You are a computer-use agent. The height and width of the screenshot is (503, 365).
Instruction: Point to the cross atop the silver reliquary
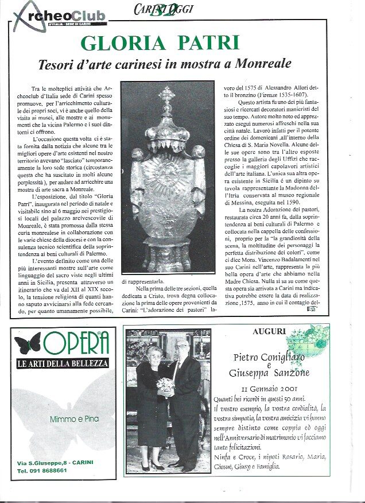[167, 95]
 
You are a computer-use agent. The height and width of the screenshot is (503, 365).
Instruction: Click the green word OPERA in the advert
[75, 343]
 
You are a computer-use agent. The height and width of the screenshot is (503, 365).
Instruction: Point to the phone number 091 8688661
[41, 470]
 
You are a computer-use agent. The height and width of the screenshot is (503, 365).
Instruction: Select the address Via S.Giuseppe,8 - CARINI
[55, 462]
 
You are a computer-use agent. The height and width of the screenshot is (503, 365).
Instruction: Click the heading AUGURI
[269, 332]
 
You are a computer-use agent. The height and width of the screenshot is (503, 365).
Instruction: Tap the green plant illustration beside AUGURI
[310, 339]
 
